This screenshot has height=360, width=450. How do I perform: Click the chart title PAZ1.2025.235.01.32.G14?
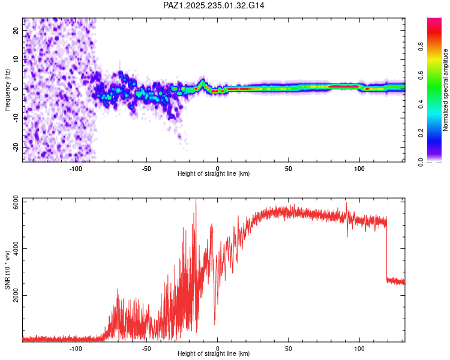(214, 5)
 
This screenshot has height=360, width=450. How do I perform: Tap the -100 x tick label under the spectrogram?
(76, 169)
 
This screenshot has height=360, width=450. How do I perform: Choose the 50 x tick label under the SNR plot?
(289, 348)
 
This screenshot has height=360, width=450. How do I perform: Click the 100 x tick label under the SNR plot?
(359, 348)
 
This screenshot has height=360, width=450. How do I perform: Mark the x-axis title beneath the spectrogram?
(214, 174)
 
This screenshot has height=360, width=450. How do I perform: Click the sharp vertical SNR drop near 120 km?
(386, 252)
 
